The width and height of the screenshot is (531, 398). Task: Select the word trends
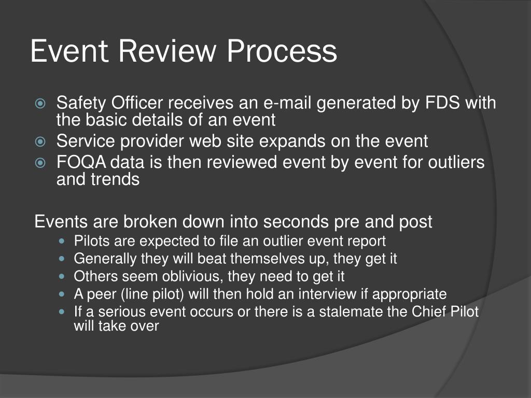114,180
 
